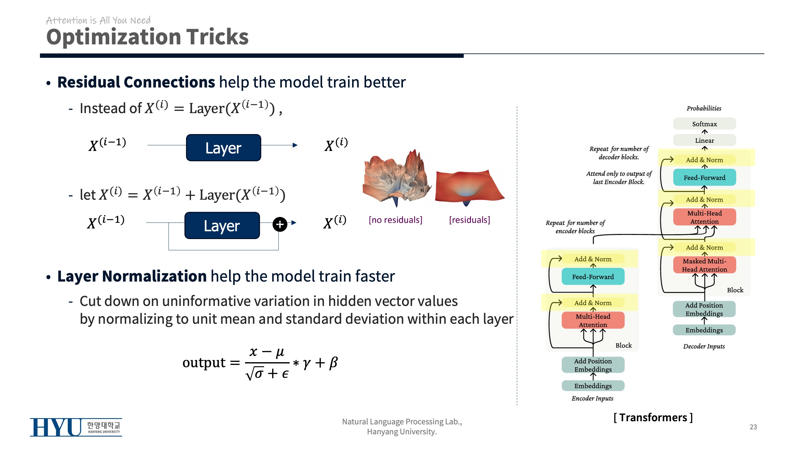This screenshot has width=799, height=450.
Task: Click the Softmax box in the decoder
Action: coord(704,124)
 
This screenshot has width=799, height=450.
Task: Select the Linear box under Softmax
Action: coord(704,140)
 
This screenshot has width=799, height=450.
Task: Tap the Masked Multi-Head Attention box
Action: coord(704,265)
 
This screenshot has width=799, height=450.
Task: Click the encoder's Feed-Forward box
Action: coord(593,277)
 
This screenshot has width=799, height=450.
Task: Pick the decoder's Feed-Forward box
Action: coord(704,177)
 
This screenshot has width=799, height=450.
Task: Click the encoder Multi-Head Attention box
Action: coord(593,320)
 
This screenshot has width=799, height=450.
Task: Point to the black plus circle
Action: coord(280,224)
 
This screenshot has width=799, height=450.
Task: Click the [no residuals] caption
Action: coord(395,220)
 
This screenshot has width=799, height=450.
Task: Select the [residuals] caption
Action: coord(469,220)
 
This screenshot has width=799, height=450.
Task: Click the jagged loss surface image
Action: coord(396,178)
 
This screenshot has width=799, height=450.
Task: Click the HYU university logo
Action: coord(76,427)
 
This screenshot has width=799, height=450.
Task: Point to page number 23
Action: coord(753,427)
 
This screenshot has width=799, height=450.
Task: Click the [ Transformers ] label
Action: coord(653,417)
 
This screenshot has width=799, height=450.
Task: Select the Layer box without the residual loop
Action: coord(223,148)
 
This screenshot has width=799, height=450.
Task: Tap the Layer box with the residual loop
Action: coord(222,226)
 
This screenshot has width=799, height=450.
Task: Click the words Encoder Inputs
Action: coord(592,398)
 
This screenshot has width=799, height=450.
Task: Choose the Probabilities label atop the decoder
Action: coord(704,108)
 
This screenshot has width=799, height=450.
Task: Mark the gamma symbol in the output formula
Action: coord(306,363)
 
